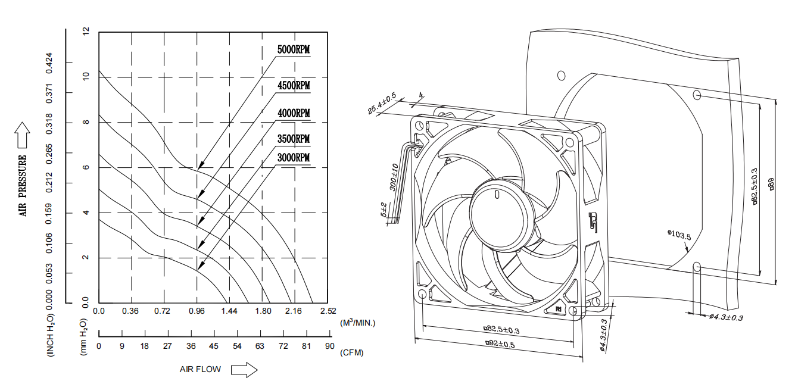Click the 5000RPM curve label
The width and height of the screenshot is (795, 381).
point(294,49)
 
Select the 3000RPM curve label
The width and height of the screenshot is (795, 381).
point(294,158)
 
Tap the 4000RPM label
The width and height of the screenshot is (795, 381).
point(294,113)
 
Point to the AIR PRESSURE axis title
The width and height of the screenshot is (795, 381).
point(23,185)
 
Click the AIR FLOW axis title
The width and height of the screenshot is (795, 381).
point(200,369)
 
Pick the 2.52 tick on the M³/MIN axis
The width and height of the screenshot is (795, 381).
point(328,311)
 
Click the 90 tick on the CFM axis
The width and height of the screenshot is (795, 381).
point(329,346)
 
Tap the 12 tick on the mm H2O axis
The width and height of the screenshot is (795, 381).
point(86,31)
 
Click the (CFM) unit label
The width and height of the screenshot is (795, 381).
point(351,352)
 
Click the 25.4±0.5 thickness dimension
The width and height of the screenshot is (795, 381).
point(382,104)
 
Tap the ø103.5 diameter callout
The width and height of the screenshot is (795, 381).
point(678,235)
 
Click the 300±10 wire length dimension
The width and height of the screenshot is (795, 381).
point(394,177)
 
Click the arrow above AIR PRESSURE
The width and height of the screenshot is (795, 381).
point(23,135)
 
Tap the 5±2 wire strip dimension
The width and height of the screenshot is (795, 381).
point(384,210)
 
